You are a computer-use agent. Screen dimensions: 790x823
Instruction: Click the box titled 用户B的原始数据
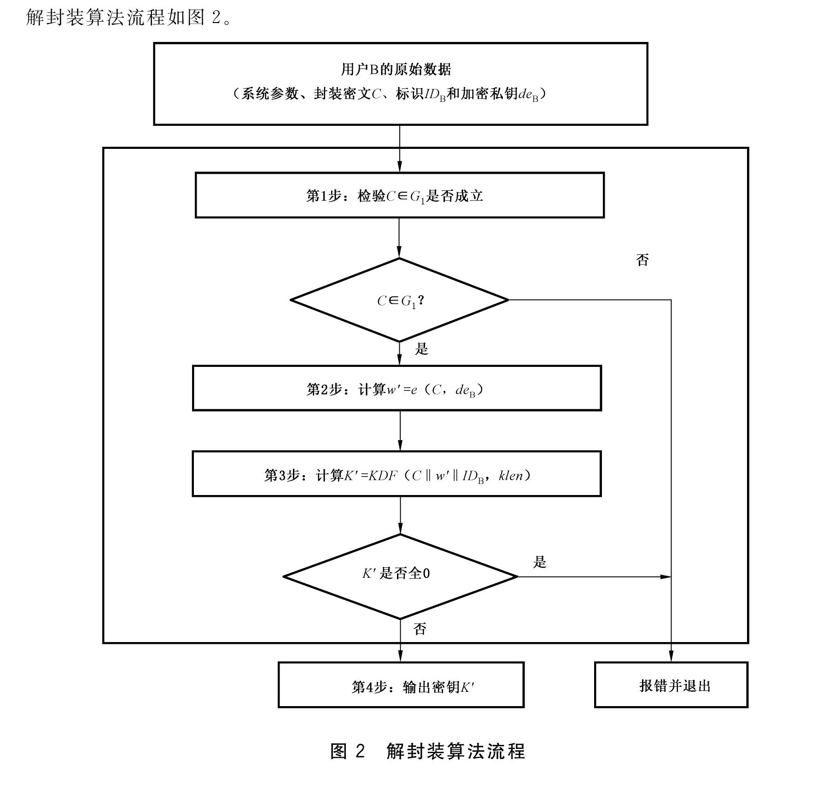pyautogui.click(x=400, y=83)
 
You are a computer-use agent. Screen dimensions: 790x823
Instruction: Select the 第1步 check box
pyautogui.click(x=399, y=195)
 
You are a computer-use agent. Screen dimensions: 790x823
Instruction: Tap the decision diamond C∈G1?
pyautogui.click(x=399, y=300)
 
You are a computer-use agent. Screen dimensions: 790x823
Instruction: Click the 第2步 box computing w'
pyautogui.click(x=397, y=388)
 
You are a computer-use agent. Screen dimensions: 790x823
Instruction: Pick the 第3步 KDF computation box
pyautogui.click(x=397, y=474)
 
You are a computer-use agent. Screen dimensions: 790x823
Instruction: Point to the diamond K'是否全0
pyautogui.click(x=400, y=576)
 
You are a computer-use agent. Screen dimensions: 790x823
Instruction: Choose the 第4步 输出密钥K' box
pyautogui.click(x=401, y=685)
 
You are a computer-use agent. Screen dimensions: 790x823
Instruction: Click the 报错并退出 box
pyautogui.click(x=671, y=685)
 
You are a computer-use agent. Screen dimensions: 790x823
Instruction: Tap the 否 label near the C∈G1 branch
pyautogui.click(x=642, y=260)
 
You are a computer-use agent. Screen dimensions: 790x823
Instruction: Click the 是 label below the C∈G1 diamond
pyautogui.click(x=421, y=349)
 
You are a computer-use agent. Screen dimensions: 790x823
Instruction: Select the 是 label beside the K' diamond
pyautogui.click(x=539, y=562)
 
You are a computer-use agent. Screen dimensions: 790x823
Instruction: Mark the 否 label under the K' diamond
pyautogui.click(x=420, y=629)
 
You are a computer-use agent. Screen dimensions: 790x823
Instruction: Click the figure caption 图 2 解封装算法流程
pyautogui.click(x=428, y=752)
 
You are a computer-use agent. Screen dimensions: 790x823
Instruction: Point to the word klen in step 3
pyautogui.click(x=511, y=475)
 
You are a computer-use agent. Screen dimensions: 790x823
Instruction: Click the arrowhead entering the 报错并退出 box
pyautogui.click(x=671, y=657)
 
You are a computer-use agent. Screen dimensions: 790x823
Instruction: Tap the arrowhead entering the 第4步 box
pyautogui.click(x=400, y=657)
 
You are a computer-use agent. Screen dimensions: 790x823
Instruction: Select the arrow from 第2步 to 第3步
pyautogui.click(x=400, y=430)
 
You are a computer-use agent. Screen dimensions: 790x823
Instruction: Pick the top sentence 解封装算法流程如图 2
pyautogui.click(x=129, y=18)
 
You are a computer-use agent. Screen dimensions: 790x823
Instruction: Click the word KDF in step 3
pyautogui.click(x=382, y=475)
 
